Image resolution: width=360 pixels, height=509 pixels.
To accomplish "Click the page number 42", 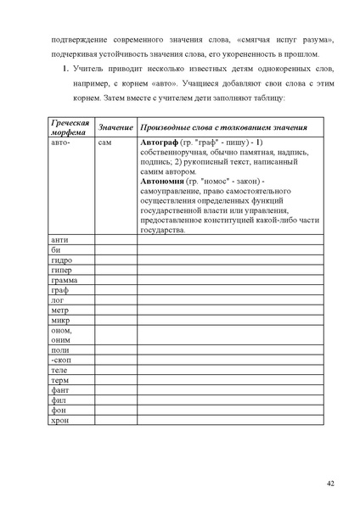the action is click(331, 483).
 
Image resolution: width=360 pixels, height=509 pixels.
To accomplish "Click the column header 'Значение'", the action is click(115, 126).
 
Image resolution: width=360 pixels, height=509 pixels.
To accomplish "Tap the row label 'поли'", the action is click(59, 350).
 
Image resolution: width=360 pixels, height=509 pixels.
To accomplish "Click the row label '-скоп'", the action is click(61, 361).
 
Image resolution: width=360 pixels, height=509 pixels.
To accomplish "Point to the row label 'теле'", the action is click(59, 371).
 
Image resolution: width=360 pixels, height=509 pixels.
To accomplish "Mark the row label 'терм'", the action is click(59, 381).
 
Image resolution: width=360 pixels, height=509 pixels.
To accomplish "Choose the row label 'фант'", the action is click(59, 391).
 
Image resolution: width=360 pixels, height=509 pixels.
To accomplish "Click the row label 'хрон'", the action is click(59, 420).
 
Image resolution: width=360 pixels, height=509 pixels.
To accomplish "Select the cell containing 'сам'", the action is click(104, 143).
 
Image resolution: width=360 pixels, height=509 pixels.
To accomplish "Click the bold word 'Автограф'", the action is click(159, 143).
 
